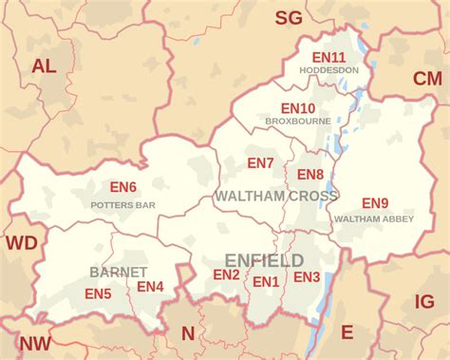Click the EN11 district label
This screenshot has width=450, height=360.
point(329,56)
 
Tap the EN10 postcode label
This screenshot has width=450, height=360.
point(297,108)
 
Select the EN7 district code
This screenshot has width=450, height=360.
point(260,163)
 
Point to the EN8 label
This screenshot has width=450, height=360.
point(310,174)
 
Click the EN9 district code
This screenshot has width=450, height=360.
point(375,202)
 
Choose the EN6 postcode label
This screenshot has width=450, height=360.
point(123,188)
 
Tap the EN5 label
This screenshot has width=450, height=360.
point(98,294)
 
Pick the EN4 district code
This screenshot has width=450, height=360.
point(150,286)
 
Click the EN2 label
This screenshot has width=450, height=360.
point(226,275)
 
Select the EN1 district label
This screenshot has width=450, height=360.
point(266,281)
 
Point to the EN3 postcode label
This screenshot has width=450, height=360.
point(307,276)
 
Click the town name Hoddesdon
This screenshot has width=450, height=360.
point(328,70)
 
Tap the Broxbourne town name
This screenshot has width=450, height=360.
point(297,123)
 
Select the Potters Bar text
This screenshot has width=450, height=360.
point(122,204)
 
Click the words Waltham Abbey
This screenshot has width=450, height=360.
point(374,218)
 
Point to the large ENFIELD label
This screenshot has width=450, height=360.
point(264,259)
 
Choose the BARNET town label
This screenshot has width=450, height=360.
point(118,272)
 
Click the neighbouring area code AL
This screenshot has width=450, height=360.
point(44,66)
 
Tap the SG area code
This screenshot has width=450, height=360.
point(288,17)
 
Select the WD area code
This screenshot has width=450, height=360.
point(21,243)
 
